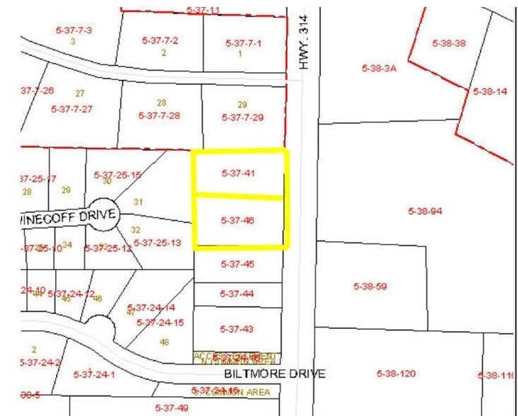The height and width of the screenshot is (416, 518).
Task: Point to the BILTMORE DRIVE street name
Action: click(265, 373)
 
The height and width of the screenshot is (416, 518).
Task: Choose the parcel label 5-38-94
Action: click(425, 211)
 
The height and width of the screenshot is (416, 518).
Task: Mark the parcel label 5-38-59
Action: click(370, 287)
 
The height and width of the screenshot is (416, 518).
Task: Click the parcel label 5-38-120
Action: click(396, 373)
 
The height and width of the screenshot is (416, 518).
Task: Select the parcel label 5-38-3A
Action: click(379, 69)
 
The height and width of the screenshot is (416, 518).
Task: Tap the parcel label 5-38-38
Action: click(449, 43)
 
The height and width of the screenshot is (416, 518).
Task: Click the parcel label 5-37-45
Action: click(237, 264)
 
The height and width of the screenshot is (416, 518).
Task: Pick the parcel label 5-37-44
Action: click(237, 293)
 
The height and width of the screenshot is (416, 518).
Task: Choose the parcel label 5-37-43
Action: click(237, 329)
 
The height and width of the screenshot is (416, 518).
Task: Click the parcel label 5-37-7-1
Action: click(244, 43)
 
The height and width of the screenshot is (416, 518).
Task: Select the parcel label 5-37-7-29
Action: click(242, 117)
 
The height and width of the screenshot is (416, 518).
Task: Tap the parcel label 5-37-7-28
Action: click(160, 115)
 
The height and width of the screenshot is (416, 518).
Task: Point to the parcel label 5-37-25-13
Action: click(158, 243)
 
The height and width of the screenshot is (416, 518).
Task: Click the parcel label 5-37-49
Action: click(172, 408)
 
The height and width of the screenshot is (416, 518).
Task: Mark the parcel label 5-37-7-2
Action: click(160, 40)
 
